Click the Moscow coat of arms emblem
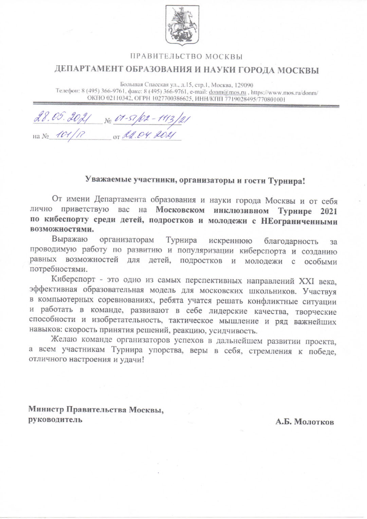pos(182,26)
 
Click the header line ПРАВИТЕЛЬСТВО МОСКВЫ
pos(186,56)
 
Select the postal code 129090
pos(243,85)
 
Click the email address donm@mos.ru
pos(227,92)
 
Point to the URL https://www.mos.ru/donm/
pos(284,92)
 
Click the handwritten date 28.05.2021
pos(63,118)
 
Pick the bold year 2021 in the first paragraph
pos(328,211)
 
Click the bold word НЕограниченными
pos(299,222)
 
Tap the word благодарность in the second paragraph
pos(291,241)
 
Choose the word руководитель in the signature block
pos(55,420)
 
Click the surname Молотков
pos(314,422)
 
